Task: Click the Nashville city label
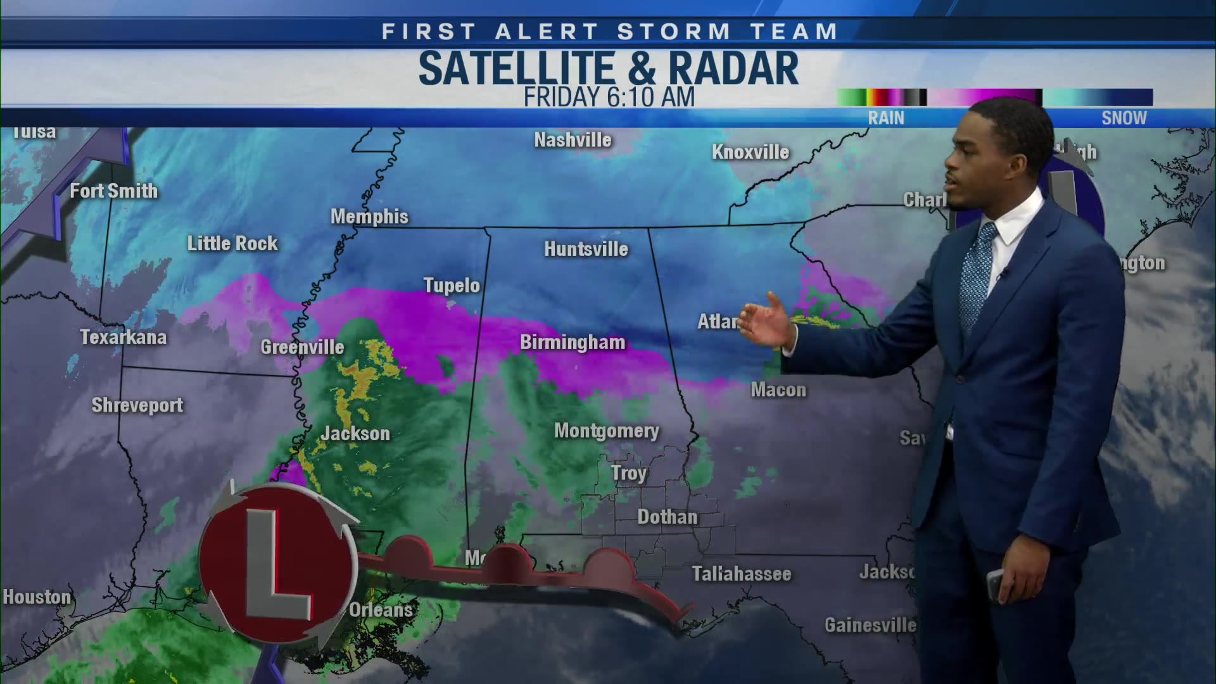pos(573,140)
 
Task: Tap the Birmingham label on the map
pos(573,343)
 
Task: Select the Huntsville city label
pos(586,250)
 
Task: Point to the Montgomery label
pos(606,431)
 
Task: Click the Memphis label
pos(369,217)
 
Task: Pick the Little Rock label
pos(232,244)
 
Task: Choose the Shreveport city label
pos(137,405)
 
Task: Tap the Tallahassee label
pos(741,574)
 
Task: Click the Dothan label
pos(667,517)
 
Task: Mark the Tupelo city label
pos(452,286)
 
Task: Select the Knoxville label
pos(750,152)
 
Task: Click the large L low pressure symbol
pos(277,562)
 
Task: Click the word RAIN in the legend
pos(886,118)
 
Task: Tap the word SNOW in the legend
pos(1124,118)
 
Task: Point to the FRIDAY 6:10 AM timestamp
pos(609,98)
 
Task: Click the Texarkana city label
pos(123,338)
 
